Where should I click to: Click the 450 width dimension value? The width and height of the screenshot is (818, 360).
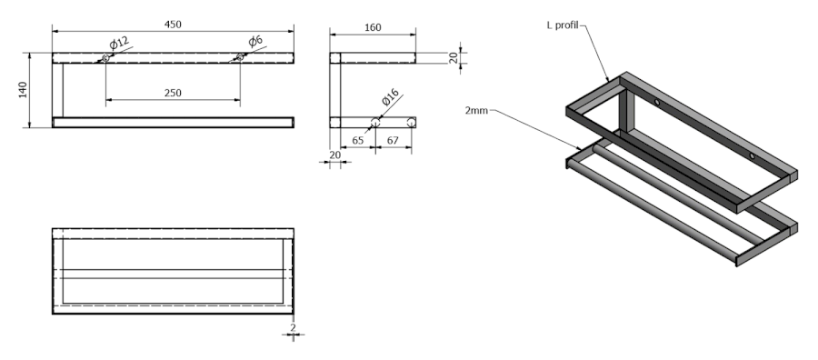[x=173, y=25]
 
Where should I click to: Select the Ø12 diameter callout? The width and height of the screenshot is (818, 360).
[x=119, y=43]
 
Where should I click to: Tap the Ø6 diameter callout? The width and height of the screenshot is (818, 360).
[x=255, y=41]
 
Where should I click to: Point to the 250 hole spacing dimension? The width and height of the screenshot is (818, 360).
[x=173, y=93]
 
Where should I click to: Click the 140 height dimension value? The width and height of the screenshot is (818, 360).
[x=23, y=90]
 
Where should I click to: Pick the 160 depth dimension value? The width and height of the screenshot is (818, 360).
[x=373, y=27]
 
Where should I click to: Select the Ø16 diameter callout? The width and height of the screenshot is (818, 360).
[x=390, y=97]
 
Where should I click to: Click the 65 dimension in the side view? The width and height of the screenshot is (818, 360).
[x=358, y=140]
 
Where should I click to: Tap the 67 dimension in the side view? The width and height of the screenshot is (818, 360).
[x=393, y=140]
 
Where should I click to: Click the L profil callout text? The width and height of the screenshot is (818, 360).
[x=563, y=25]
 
